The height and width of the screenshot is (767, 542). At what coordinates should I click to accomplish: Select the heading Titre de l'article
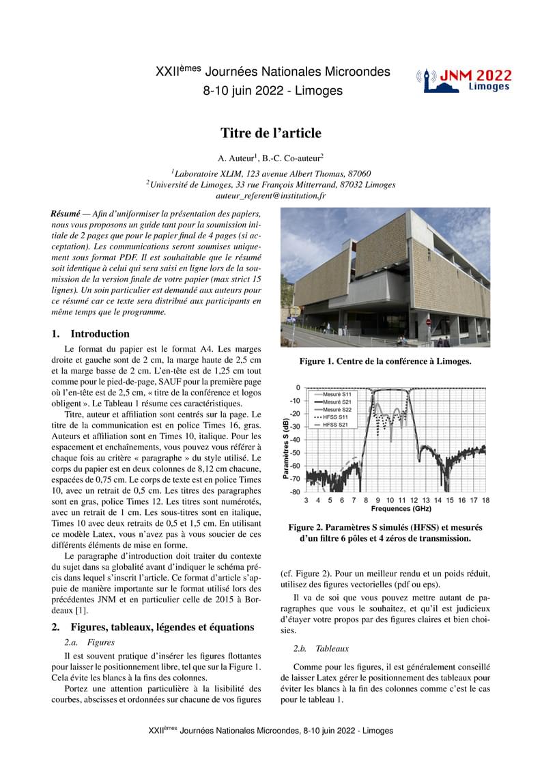[270, 133]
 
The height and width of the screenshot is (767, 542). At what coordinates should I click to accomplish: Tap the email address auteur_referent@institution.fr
[270, 195]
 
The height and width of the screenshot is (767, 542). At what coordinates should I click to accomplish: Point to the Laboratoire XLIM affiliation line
[270, 173]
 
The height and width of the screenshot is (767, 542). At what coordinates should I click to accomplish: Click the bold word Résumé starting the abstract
[66, 213]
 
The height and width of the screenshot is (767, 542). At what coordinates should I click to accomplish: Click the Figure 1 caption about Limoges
[385, 361]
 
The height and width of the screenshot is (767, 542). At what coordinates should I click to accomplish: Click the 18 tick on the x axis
[485, 500]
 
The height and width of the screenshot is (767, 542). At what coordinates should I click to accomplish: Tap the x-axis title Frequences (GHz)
[401, 509]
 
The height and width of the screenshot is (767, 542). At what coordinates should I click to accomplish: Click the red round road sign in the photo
[429, 322]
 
